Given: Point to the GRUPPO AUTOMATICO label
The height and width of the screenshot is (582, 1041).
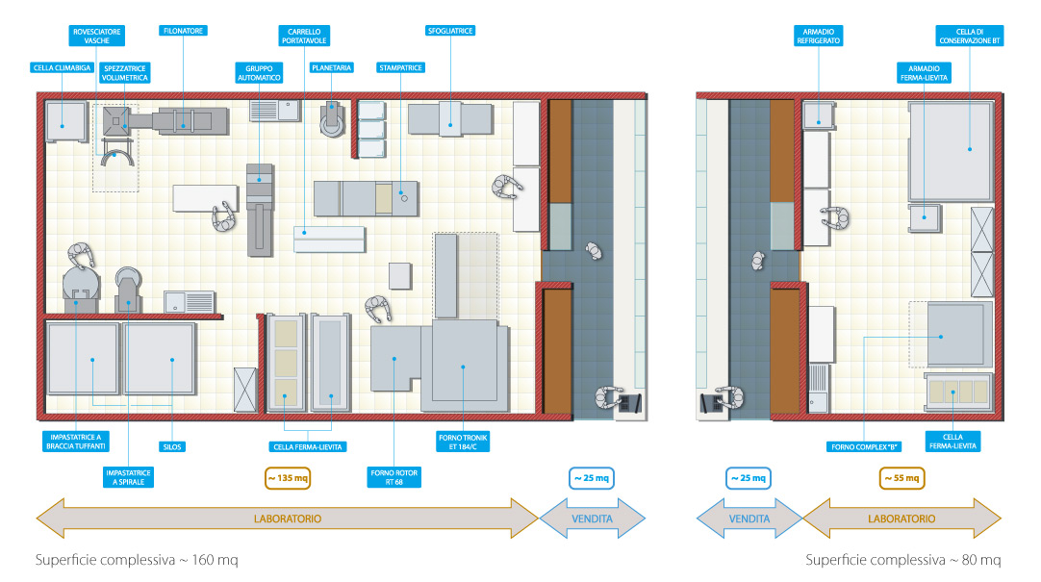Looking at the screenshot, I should (x=259, y=73).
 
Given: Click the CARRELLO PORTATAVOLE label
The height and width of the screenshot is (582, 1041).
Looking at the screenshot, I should (x=303, y=36).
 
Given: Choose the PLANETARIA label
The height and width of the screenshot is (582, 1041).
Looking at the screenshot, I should (x=332, y=68).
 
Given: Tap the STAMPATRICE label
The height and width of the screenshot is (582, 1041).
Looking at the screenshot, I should (x=401, y=68).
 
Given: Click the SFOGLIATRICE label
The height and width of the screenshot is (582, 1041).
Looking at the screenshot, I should (x=450, y=31).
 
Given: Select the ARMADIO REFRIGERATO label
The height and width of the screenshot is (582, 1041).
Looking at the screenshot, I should (x=820, y=36).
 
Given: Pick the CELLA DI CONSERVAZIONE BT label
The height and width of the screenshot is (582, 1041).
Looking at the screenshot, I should (x=970, y=36).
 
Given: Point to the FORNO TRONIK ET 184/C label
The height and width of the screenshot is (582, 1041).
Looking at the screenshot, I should (x=464, y=443).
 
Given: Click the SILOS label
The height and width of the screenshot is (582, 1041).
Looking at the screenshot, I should (x=172, y=447).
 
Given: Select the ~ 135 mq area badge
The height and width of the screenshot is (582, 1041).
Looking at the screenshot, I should (x=288, y=477).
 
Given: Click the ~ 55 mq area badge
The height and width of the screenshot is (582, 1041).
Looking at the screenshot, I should (x=901, y=477).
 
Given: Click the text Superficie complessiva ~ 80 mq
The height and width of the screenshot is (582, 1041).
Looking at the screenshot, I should (x=902, y=560).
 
